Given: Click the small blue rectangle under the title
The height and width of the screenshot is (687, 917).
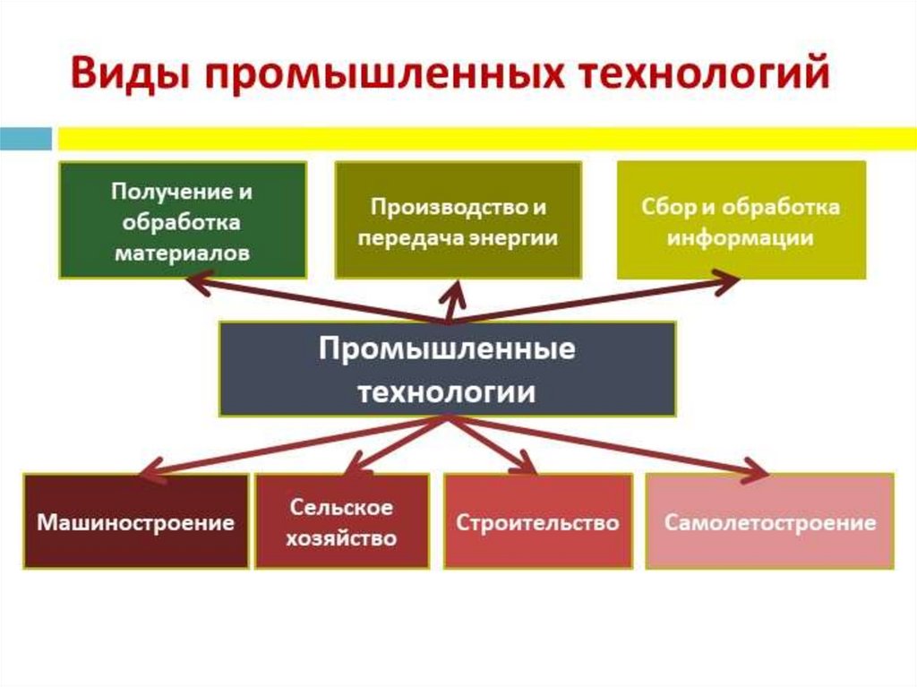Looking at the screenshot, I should [x=25, y=139].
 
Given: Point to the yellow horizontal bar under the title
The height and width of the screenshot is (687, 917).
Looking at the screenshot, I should [x=484, y=139].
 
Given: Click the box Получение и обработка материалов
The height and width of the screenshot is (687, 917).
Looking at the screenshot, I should [x=183, y=219].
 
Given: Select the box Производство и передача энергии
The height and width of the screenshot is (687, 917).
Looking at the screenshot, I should [x=458, y=219].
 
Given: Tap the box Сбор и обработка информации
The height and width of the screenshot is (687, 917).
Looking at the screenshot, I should [x=741, y=219].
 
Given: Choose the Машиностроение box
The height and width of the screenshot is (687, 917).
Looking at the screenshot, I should [x=135, y=521].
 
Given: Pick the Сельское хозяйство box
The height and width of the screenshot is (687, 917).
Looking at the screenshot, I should [x=341, y=521].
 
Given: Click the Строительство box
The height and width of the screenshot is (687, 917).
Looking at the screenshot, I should [x=537, y=521].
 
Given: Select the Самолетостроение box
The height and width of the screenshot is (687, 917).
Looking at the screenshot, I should [x=769, y=521].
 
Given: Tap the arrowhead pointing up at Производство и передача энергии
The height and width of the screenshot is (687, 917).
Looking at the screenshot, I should [x=455, y=291].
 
